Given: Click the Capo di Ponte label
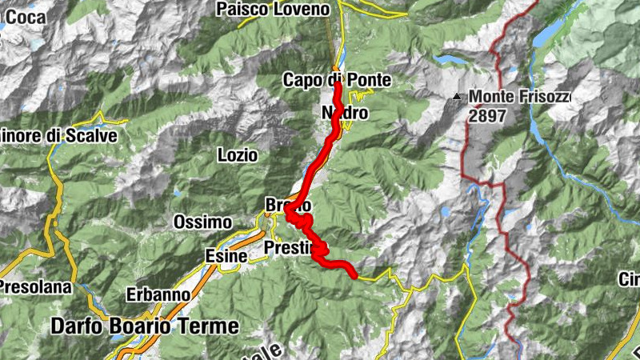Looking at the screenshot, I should (337, 80).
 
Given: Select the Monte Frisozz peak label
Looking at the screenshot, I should (520, 97).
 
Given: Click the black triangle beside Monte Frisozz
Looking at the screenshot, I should (457, 98).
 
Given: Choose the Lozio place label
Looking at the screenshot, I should (238, 155).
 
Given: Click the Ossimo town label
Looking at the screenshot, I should (203, 222).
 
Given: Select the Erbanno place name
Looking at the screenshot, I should (158, 294).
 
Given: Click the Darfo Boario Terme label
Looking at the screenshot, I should (145, 326).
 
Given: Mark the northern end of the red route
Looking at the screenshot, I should (338, 82).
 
